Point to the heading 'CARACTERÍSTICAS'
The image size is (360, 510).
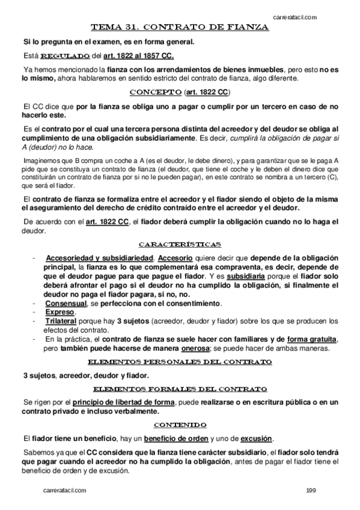(x=180, y=244)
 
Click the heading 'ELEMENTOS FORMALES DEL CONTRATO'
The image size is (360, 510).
(x=180, y=389)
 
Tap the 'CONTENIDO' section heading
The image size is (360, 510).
(x=180, y=425)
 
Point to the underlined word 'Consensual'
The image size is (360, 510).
(x=66, y=304)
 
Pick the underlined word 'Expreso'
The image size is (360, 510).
(x=59, y=313)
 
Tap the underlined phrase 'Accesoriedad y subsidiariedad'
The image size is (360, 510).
(x=95, y=259)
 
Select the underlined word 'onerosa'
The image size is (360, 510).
(x=192, y=349)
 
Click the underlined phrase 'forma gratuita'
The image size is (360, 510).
(x=312, y=340)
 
